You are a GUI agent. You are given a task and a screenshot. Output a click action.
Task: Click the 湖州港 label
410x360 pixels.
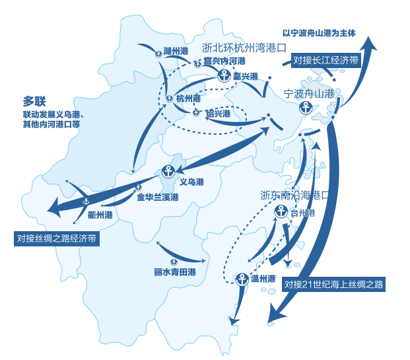(176, 52)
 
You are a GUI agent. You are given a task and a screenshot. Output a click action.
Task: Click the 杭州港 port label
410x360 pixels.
(188, 98)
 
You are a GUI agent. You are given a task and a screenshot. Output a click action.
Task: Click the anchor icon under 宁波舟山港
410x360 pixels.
(305, 107)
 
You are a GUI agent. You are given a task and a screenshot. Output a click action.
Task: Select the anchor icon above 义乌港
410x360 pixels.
(168, 171)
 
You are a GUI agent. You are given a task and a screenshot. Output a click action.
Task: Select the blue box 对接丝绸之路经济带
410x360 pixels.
(57, 238)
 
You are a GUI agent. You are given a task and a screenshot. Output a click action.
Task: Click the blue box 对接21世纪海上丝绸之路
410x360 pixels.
(333, 285)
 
